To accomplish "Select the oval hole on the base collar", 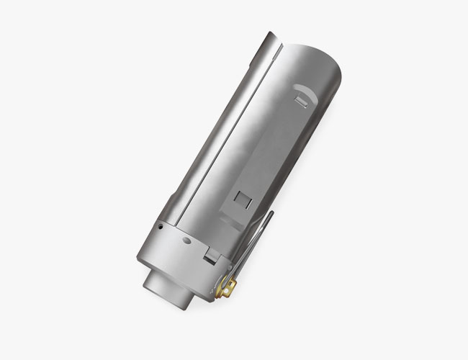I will [x=186, y=239].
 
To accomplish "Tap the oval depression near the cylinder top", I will [x=305, y=91].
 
